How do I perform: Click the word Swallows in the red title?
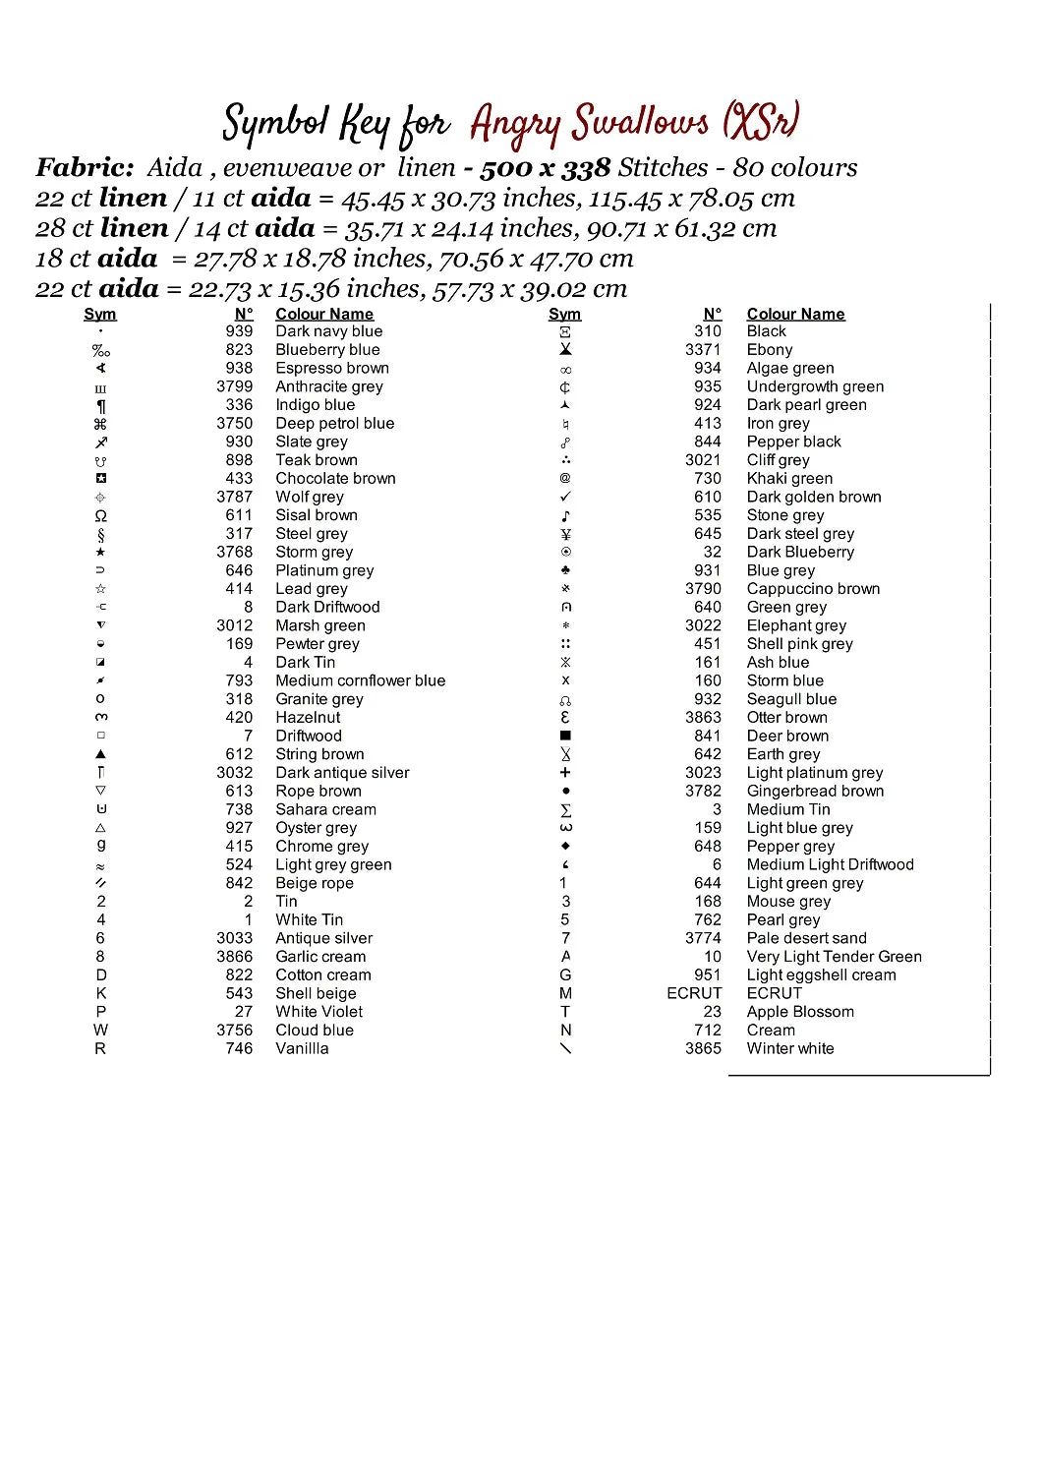641,123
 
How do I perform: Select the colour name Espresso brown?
332,368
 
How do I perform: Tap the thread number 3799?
235,386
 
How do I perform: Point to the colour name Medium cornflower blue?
360,680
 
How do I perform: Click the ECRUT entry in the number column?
694,993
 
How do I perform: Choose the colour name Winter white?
790,1048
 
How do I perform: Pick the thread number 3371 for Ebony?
703,349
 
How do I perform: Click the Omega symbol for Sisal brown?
100,515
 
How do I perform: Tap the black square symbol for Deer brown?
565,736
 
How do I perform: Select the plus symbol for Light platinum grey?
565,773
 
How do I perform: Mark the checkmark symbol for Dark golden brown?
565,497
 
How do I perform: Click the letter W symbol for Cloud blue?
100,1030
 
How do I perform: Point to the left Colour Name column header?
324,314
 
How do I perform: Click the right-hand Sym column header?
564,314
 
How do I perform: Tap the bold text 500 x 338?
546,168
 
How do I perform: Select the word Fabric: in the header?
85,168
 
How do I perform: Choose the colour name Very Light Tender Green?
834,957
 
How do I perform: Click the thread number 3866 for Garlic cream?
235,957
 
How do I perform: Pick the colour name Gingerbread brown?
815,792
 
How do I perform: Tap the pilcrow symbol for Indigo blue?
100,405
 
